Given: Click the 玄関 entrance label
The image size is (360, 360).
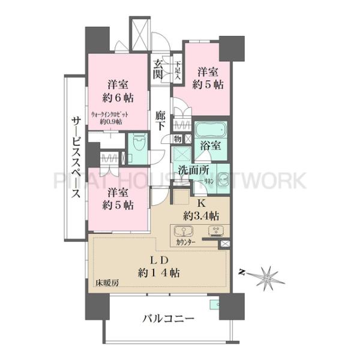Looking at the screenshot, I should pos(158,69).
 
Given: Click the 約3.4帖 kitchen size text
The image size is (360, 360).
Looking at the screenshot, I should pos(201,215).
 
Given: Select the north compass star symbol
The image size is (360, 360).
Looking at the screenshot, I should pos(266,277).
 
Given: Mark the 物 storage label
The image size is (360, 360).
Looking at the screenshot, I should pos(178,139).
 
